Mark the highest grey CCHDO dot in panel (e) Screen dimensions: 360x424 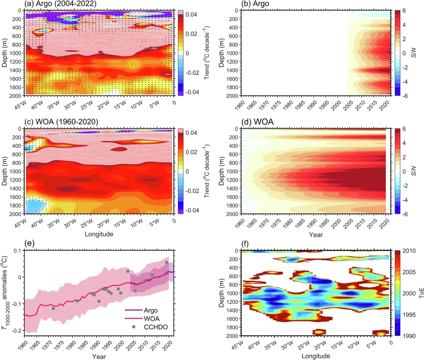click(166, 262)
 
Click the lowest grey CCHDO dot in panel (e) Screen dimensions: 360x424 click(53, 308)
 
